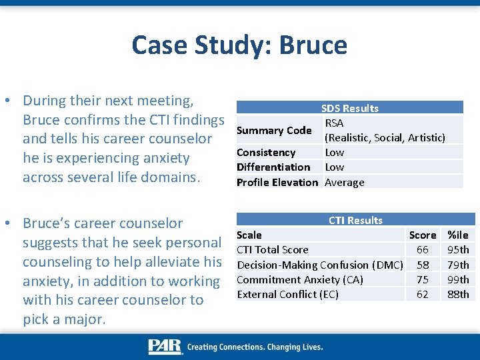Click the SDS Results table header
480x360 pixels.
(349, 108)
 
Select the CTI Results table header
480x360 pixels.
(355, 220)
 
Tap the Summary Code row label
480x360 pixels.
(274, 131)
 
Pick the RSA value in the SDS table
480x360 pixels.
(334, 123)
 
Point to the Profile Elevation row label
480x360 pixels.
(277, 182)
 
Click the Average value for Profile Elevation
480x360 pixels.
(344, 182)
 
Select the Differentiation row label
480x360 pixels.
(273, 167)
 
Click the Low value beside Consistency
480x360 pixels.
(334, 153)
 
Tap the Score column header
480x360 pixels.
(423, 235)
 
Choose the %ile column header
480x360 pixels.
(458, 235)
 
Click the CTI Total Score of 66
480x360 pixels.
(423, 249)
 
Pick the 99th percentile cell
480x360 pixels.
(458, 279)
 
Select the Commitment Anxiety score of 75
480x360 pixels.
(423, 279)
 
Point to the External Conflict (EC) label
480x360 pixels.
(287, 294)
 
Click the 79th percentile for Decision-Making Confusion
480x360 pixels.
(458, 265)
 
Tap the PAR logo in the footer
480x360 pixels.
(165, 347)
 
